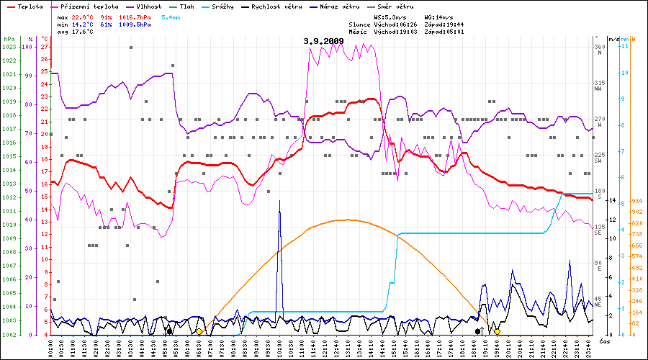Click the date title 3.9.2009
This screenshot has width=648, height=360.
(x=323, y=41)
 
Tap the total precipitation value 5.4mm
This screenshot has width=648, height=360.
(x=171, y=16)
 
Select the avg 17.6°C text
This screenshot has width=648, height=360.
(x=73, y=32)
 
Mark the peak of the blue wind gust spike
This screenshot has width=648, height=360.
(x=279, y=201)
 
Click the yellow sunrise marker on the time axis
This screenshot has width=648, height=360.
(x=199, y=332)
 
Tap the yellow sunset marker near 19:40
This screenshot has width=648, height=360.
(x=497, y=332)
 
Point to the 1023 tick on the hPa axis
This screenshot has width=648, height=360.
(x=9, y=47)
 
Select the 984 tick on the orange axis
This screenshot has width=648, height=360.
(x=636, y=201)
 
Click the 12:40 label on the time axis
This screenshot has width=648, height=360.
(x=336, y=347)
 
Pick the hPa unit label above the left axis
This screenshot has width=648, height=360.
(x=9, y=39)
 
